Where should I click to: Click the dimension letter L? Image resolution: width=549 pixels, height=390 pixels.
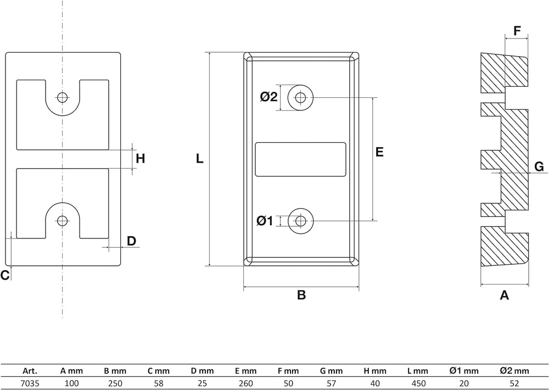click(200, 159)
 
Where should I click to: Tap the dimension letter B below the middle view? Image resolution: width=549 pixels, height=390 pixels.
click(301, 295)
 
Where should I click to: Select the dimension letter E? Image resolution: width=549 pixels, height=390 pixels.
click(379, 152)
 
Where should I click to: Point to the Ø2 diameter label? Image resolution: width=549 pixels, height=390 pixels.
click(269, 96)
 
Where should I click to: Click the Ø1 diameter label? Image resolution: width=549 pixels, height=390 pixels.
click(265, 221)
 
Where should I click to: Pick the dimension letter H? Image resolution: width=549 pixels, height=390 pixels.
click(141, 159)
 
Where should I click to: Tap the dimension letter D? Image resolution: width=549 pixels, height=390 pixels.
click(131, 241)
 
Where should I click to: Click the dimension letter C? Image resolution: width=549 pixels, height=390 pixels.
click(5, 275)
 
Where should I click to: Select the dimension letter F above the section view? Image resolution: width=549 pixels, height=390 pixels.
click(517, 31)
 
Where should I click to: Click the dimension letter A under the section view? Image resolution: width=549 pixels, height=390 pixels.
click(504, 295)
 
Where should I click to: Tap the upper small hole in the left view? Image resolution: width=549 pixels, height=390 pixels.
click(63, 97)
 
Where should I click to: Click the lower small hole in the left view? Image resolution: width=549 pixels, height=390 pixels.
click(63, 221)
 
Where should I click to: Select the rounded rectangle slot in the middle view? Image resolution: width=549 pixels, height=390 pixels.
click(301, 159)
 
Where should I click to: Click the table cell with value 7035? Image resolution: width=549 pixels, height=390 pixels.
click(30, 383)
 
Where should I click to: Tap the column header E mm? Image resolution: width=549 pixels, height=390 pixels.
click(245, 371)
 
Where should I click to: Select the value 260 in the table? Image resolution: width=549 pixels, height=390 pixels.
click(245, 383)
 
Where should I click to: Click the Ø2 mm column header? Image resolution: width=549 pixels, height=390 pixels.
click(514, 371)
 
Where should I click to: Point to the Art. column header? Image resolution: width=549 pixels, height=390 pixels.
click(30, 371)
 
